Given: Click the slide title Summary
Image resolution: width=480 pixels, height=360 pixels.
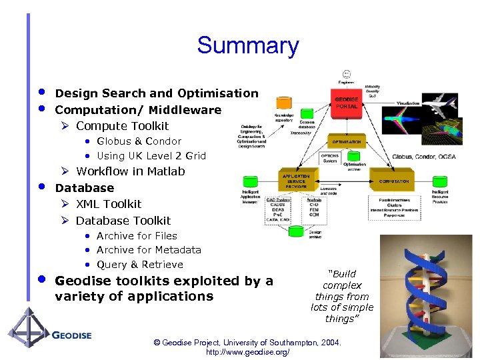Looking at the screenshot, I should pos(247,46).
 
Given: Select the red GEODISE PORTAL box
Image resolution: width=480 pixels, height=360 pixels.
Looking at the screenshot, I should pos(346,104).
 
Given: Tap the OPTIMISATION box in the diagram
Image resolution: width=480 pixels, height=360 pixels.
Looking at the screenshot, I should pos(346,141).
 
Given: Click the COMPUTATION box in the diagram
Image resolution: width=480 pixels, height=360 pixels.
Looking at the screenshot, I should pos(395,181).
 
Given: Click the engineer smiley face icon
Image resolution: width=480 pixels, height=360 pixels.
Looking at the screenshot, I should pos(346,73).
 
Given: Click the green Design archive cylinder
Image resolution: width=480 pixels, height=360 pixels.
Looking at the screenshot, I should pos(295,231).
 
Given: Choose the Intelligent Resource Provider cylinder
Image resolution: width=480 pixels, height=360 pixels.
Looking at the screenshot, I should pos(439,181).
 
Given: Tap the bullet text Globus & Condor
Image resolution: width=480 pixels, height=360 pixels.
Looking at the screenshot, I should pos(139,141).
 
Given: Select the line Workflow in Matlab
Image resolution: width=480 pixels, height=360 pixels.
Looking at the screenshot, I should pos(130,171).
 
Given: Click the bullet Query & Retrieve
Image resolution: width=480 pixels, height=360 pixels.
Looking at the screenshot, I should pos(139,264).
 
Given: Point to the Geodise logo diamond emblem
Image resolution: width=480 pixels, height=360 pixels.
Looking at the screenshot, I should pos(27,331).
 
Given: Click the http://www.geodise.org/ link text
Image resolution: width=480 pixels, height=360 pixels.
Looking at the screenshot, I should pos(247,352).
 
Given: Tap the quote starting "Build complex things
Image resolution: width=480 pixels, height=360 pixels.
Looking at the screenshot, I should pos(342,296).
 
